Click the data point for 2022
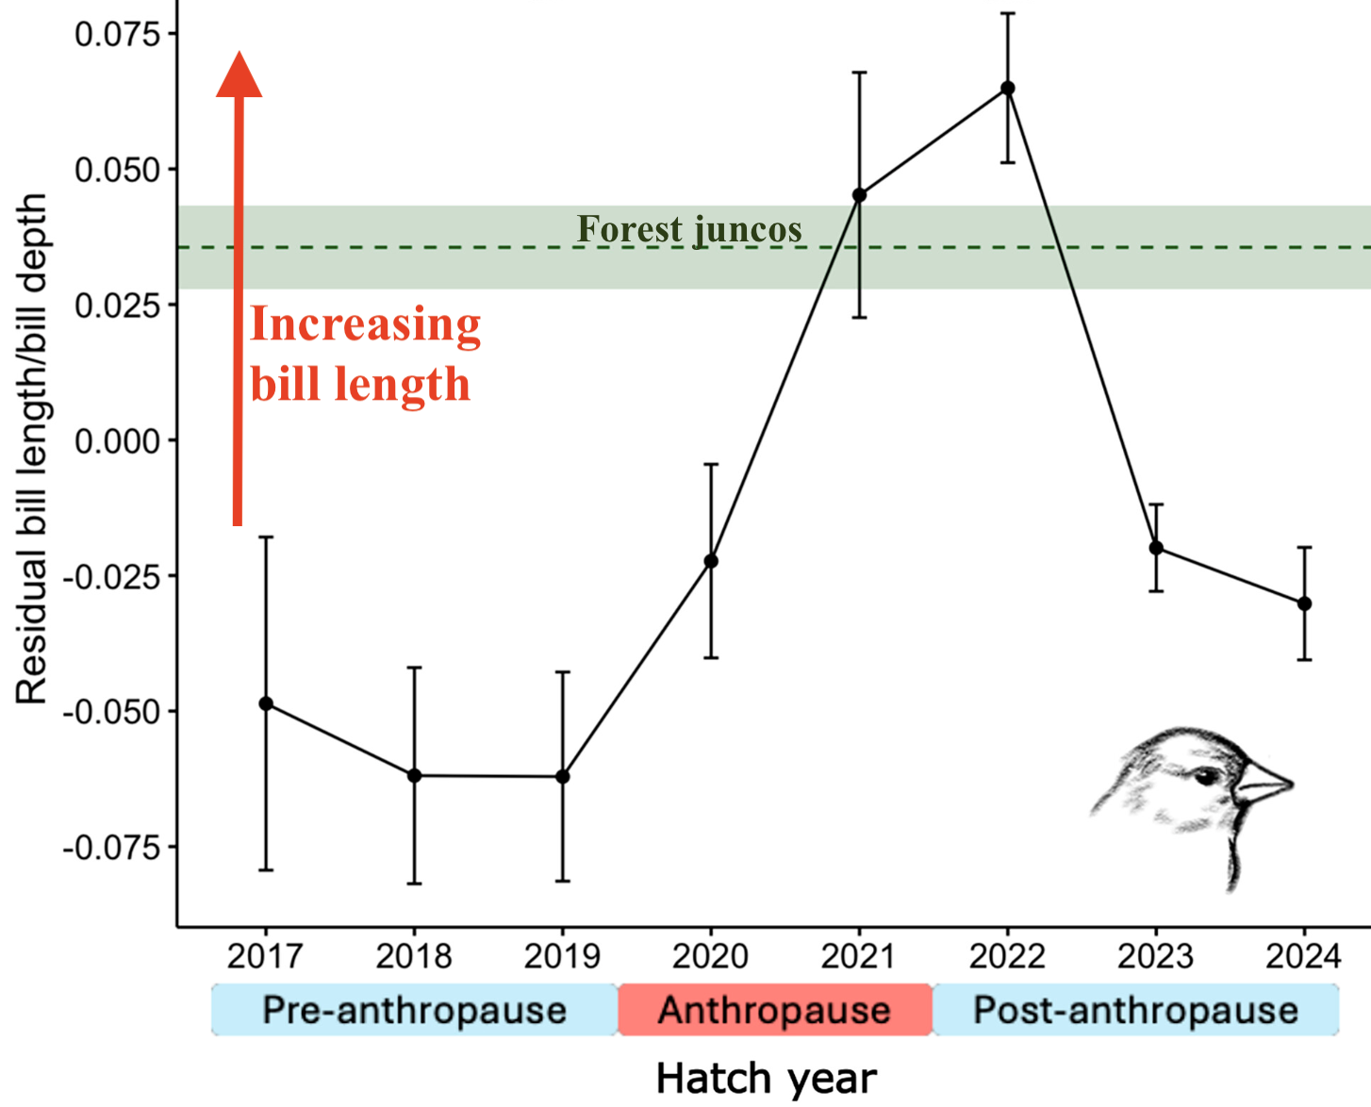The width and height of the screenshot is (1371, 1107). coord(1008,88)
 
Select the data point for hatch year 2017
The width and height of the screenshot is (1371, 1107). coord(266,703)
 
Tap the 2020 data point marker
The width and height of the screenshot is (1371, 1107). coord(711,561)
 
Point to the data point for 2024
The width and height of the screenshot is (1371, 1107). coord(1304,603)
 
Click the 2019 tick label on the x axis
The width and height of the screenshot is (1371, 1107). coord(562,956)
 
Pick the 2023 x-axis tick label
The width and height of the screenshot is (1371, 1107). coord(1155,956)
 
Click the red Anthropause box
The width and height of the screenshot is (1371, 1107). coord(774,1010)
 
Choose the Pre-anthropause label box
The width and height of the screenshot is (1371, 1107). coord(414,1010)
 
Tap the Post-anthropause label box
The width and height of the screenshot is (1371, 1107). coord(1135,1010)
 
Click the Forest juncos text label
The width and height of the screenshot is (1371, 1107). coord(689,229)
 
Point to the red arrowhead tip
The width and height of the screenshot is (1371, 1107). coord(240,55)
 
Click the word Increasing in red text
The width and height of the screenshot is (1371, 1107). coord(366,325)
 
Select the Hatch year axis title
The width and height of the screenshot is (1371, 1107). coord(766,1078)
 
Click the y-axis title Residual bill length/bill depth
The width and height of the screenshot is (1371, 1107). coord(31,448)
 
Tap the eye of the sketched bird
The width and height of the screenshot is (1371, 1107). coord(1206,777)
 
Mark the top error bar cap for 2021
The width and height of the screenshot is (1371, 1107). coord(859,72)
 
